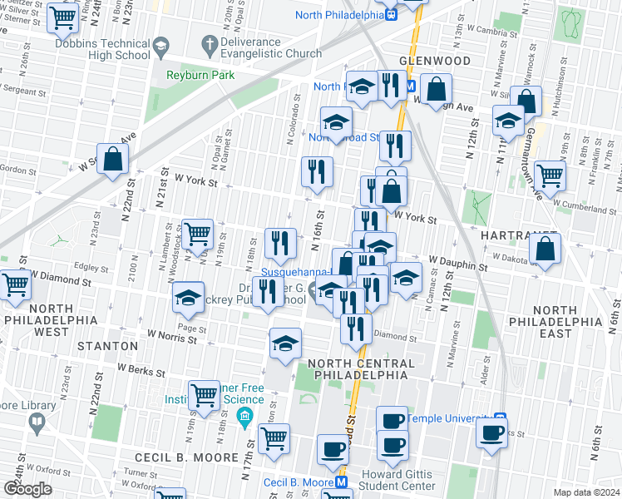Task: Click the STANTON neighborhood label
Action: click(107, 345)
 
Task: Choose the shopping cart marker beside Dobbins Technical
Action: click(63, 17)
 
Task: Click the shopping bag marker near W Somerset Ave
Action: click(113, 159)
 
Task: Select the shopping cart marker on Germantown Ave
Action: click(550, 175)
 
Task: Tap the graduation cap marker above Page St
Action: click(189, 297)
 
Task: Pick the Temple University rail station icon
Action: click(500, 418)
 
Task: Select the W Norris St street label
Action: click(176, 335)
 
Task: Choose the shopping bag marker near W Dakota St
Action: click(545, 248)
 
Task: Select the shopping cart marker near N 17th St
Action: click(273, 437)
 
